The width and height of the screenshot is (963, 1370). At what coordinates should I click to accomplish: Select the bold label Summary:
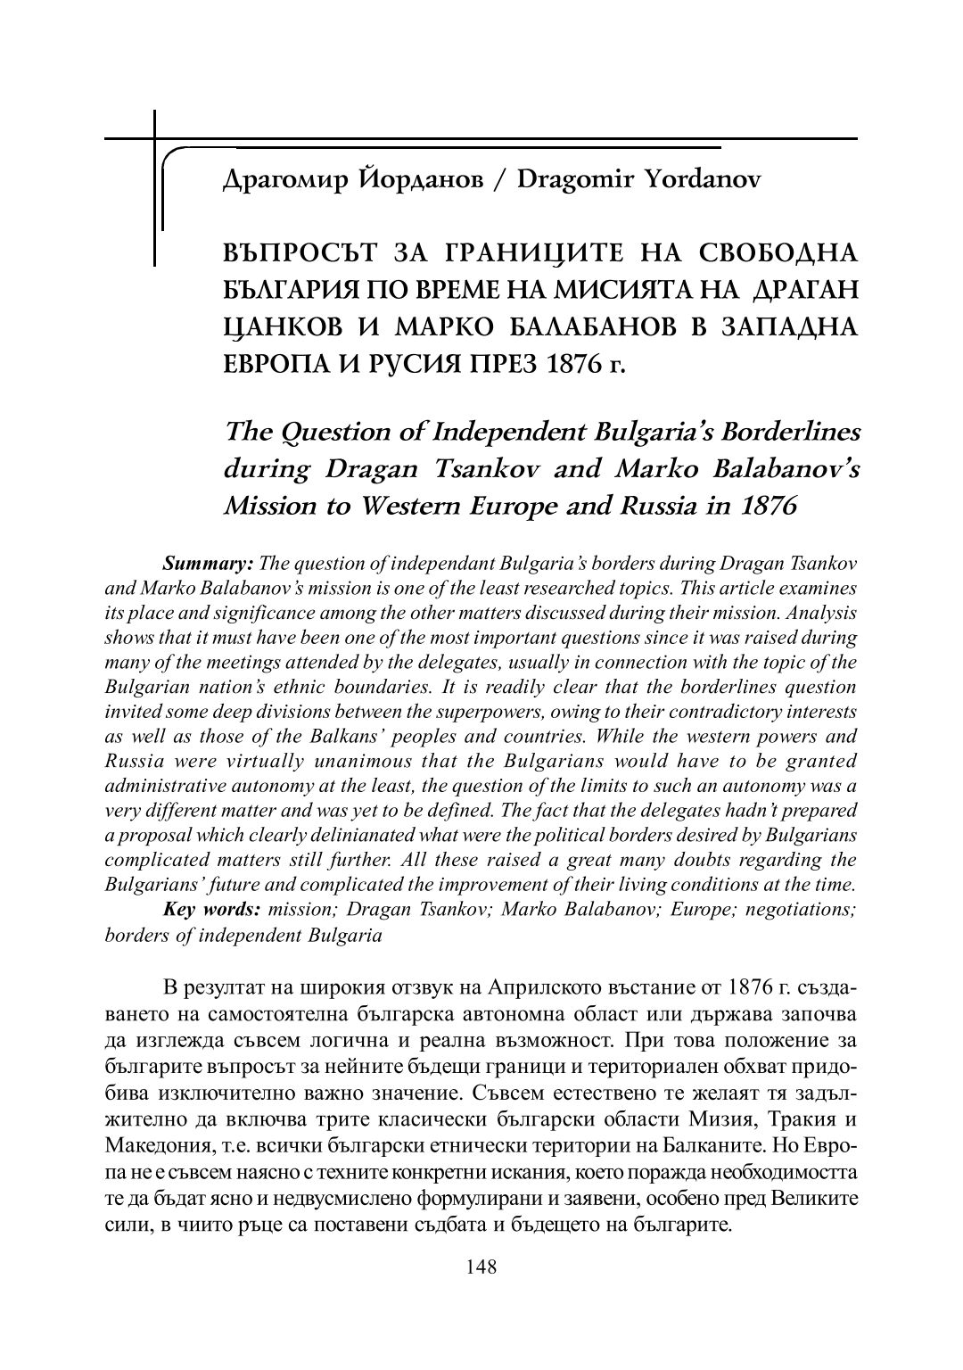(209, 564)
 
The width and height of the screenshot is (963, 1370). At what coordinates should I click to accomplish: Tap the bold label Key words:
(211, 910)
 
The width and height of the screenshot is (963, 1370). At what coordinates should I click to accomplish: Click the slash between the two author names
(501, 181)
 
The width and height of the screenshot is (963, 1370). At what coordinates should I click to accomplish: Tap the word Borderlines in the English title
(778, 431)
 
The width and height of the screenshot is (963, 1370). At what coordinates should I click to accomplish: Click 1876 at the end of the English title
(763, 506)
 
